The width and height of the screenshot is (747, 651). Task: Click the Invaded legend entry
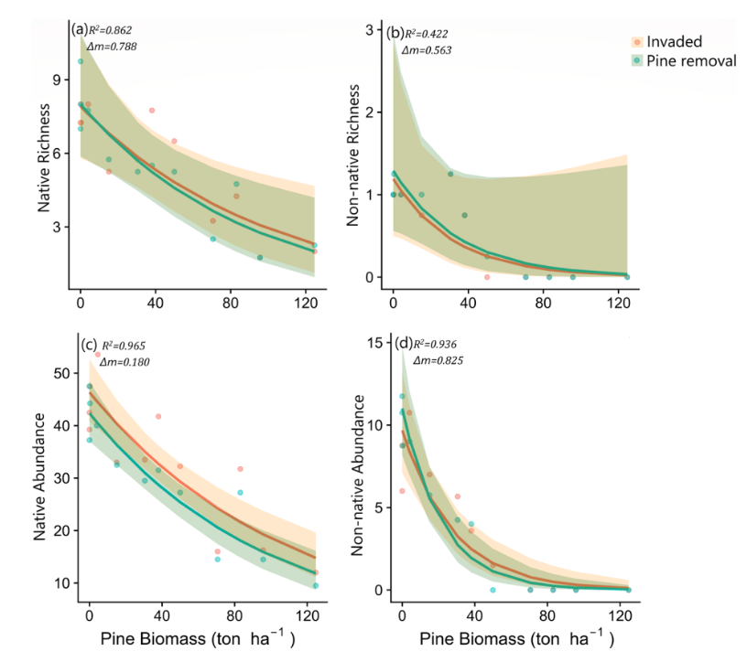click(x=674, y=42)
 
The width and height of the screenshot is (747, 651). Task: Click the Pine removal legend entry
click(x=685, y=61)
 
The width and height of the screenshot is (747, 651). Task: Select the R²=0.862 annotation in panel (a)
click(x=113, y=30)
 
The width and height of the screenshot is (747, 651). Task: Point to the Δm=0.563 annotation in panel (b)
click(x=428, y=50)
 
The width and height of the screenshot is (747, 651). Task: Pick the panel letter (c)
click(x=90, y=346)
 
